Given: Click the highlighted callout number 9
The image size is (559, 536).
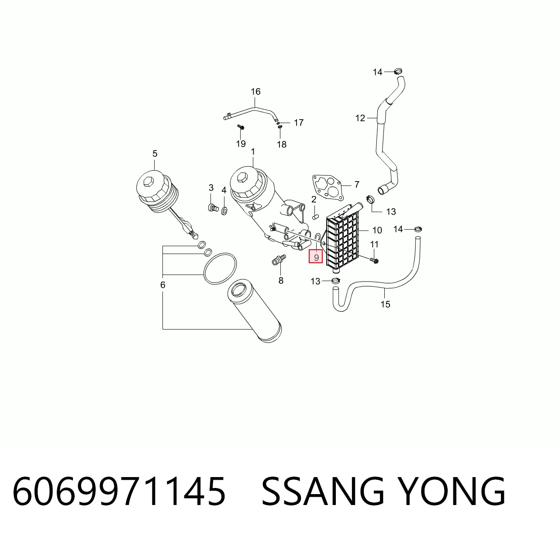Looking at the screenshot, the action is (316, 257).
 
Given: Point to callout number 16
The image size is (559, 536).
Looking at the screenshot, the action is (255, 92).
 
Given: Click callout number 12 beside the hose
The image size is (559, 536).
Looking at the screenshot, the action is (360, 118).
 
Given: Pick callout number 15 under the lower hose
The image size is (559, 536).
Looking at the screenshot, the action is (385, 304).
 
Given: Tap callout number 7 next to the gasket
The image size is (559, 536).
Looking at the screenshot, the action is (357, 184).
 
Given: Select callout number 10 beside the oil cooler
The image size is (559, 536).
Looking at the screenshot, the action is (377, 230).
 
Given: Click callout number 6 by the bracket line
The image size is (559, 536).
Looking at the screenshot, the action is (163, 285).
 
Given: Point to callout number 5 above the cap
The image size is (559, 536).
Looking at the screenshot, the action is (155, 154).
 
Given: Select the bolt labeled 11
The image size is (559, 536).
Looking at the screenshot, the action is (374, 260).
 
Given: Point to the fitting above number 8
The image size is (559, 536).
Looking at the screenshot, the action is (279, 260).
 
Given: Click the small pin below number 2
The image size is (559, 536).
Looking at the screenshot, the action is (315, 217).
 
